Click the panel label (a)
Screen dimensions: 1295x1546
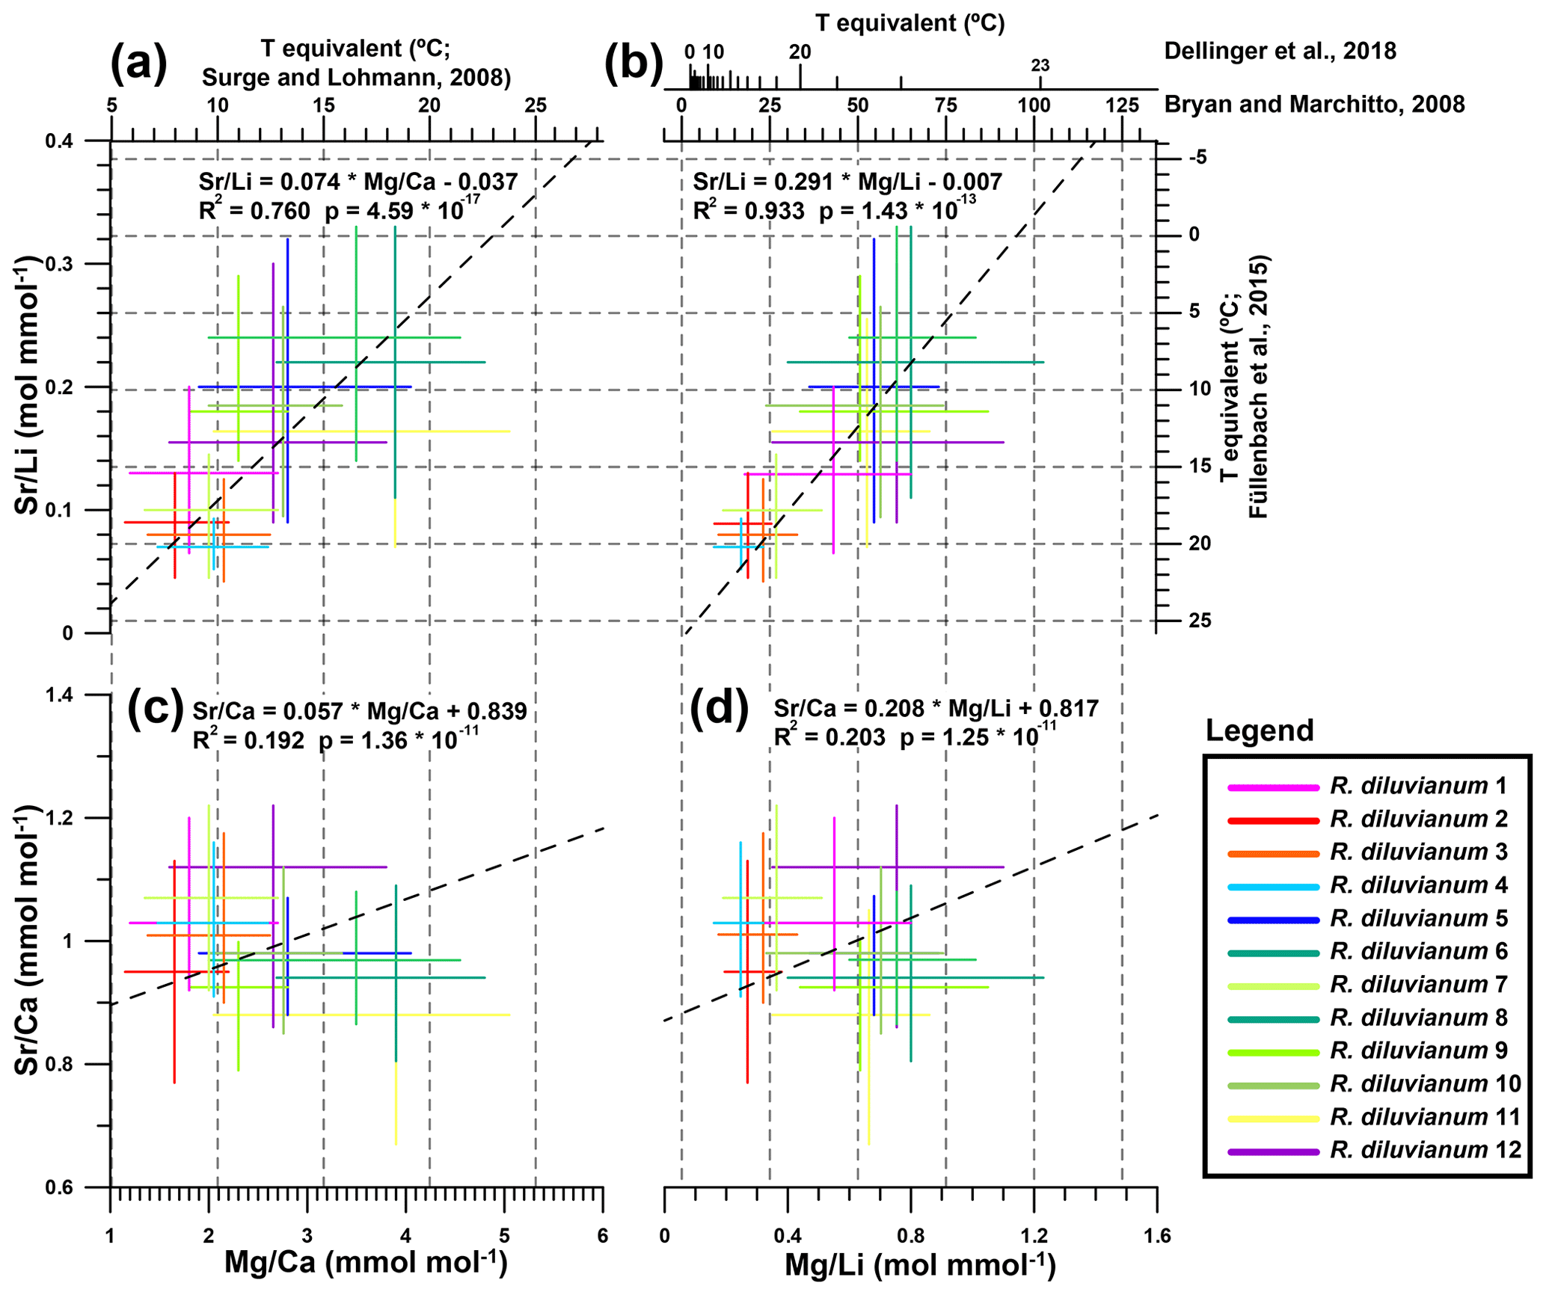point(138,64)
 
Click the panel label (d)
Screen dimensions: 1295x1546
point(718,707)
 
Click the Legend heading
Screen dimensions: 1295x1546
point(1260,730)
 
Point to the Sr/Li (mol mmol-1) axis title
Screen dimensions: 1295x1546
point(28,385)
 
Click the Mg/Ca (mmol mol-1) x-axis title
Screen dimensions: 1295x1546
point(366,1261)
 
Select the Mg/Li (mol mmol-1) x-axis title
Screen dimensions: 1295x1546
point(919,1264)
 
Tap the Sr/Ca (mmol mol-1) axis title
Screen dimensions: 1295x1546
point(28,940)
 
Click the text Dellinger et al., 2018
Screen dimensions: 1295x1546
point(1280,51)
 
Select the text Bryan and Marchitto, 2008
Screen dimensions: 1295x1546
point(1314,104)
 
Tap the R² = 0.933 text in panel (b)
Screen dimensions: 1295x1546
point(749,212)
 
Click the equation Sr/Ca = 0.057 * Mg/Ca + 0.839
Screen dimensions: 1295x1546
point(360,711)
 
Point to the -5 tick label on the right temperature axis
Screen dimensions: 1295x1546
point(1196,158)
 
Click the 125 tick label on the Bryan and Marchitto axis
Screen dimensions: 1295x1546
point(1122,104)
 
